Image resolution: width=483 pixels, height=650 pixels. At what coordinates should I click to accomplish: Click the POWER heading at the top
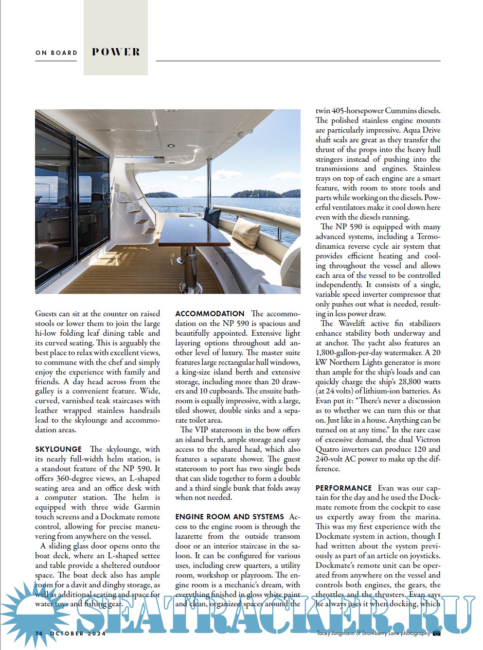pyautogui.click(x=116, y=52)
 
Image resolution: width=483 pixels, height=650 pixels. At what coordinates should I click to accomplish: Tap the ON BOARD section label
pyautogui.click(x=56, y=52)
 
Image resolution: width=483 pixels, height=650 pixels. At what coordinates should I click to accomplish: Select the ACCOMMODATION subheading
pyautogui.click(x=210, y=314)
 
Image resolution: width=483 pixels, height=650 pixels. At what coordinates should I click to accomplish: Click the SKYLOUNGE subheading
pyautogui.click(x=58, y=449)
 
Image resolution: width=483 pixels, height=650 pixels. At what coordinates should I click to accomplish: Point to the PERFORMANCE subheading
pyautogui.click(x=343, y=488)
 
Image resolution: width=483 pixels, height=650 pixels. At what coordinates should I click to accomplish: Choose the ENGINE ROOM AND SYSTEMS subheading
pyautogui.click(x=230, y=517)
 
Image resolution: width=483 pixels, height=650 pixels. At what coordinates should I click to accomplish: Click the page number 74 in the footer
pyautogui.click(x=39, y=633)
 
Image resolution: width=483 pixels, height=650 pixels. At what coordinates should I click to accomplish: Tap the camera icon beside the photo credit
pyautogui.click(x=437, y=633)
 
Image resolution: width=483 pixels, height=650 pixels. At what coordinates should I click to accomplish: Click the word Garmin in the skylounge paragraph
pyautogui.click(x=147, y=507)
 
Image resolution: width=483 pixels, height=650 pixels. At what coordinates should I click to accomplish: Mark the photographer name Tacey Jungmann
pyautogui.click(x=339, y=633)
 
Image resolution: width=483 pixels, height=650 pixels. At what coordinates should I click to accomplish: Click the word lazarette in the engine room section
pyautogui.click(x=193, y=536)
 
